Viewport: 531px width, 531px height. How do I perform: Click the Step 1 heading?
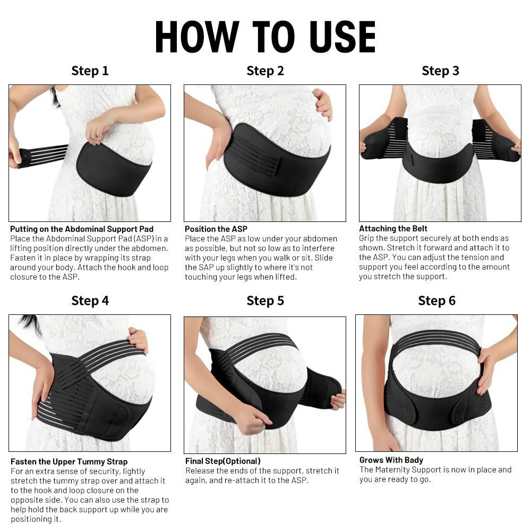[90, 71]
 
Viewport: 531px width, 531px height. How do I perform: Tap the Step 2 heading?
[265, 71]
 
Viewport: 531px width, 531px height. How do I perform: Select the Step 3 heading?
[440, 71]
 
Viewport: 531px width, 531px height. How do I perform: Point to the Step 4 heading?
[90, 301]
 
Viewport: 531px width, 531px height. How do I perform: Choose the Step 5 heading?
[265, 301]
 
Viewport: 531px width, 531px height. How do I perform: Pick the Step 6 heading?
[436, 301]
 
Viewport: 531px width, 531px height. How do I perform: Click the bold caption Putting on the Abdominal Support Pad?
[82, 229]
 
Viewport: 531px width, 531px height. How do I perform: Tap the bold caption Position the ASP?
[216, 229]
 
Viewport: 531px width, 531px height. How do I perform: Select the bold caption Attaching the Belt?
[393, 228]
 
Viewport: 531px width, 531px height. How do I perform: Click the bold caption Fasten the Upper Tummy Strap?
[69, 461]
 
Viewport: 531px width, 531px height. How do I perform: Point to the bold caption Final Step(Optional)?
[222, 461]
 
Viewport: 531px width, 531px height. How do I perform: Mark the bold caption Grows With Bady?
[391, 460]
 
